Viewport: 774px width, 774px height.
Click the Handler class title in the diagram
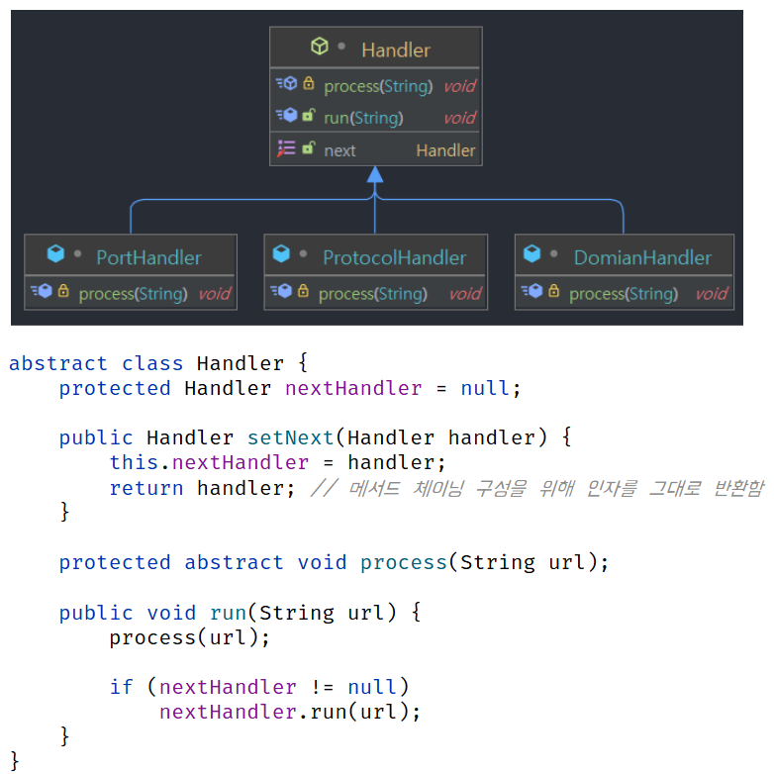click(395, 49)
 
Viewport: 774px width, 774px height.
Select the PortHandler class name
click(148, 257)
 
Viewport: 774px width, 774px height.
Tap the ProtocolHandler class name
click(394, 257)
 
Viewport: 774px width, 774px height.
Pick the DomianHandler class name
click(642, 257)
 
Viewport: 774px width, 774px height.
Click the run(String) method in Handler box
click(363, 118)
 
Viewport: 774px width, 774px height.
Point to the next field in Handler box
click(339, 150)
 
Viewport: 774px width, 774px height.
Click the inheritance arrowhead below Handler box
click(374, 175)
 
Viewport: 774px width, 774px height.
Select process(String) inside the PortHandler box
click(133, 294)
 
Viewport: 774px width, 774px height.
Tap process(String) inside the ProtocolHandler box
click(372, 294)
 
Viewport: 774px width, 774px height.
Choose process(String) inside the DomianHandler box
click(624, 294)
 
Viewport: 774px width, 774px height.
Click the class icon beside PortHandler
click(56, 255)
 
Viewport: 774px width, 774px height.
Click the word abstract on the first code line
click(57, 363)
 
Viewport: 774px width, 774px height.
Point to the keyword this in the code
click(133, 462)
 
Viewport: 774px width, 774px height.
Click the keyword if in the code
click(122, 687)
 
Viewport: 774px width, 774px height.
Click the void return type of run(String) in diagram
click(459, 118)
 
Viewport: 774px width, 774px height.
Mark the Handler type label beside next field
click(445, 150)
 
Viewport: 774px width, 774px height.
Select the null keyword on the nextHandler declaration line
click(486, 388)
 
